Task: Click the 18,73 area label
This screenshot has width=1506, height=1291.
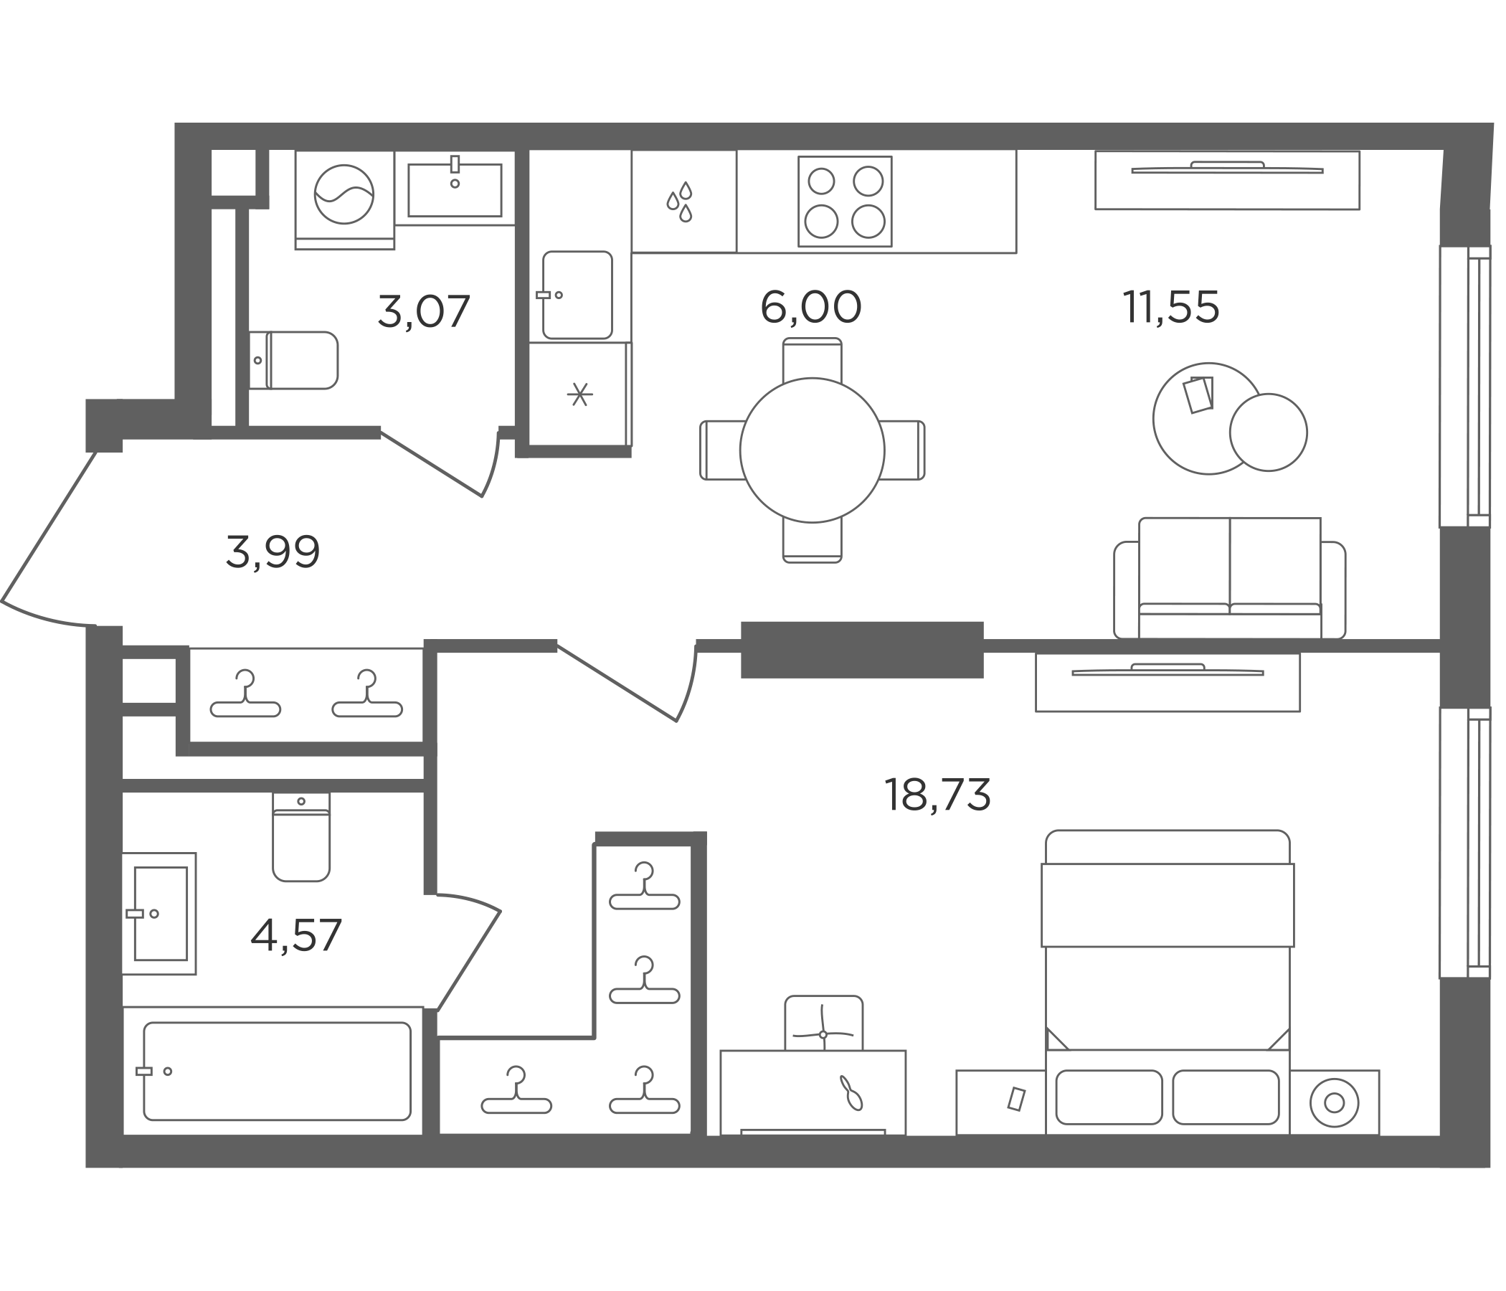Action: [937, 795]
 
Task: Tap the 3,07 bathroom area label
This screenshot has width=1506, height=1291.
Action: [424, 311]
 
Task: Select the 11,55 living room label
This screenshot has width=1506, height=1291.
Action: [1171, 307]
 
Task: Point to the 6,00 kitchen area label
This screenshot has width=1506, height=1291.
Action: [810, 307]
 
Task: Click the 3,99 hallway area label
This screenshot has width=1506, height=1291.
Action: [273, 552]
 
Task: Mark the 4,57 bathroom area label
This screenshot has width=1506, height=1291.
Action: [295, 935]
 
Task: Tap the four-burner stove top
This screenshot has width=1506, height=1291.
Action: [845, 202]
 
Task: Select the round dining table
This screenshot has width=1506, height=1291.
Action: [812, 450]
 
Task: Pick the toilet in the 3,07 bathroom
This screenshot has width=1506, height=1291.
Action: [293, 361]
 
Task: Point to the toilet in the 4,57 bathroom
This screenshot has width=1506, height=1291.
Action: [301, 837]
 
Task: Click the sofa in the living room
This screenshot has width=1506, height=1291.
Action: [1229, 579]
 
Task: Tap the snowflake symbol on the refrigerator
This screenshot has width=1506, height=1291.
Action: [579, 394]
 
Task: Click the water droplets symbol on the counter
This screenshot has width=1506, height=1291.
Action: [681, 202]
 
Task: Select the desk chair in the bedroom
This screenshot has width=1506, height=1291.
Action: [823, 1023]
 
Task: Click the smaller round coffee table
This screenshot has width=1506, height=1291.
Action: [1269, 432]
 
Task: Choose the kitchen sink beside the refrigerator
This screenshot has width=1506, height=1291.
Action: [577, 295]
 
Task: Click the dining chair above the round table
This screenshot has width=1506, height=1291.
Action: [812, 359]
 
